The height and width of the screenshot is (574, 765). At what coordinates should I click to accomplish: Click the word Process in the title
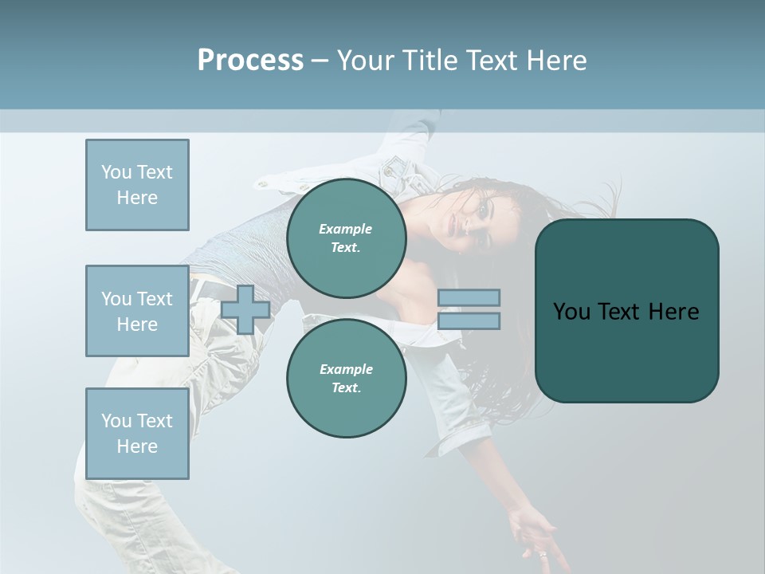[250, 61]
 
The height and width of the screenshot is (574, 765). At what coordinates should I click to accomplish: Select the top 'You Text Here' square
[137, 185]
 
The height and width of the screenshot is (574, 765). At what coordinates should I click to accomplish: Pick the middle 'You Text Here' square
[137, 311]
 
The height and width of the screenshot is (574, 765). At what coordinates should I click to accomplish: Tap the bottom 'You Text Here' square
[137, 434]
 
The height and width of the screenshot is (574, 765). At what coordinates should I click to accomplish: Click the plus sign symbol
[245, 309]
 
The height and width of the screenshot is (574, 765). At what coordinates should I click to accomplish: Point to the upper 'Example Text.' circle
[346, 238]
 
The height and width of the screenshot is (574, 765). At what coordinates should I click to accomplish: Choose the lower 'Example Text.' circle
[346, 378]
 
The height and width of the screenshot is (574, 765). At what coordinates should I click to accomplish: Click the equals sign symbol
[469, 309]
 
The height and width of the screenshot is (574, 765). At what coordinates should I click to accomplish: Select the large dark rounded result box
[626, 311]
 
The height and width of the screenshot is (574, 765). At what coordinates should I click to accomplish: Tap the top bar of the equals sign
[469, 298]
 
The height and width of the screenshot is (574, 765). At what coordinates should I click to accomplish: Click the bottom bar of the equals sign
[469, 320]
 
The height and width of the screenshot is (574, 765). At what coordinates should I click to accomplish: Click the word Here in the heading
[555, 61]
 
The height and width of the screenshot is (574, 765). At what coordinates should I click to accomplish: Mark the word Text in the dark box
[626, 312]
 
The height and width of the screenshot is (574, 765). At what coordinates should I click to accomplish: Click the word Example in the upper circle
[346, 229]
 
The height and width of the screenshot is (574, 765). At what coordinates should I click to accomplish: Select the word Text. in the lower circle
[346, 387]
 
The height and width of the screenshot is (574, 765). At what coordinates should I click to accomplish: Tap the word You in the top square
[116, 172]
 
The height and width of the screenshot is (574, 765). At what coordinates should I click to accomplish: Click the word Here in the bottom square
[137, 446]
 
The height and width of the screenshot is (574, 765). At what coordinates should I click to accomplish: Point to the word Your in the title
[366, 61]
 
